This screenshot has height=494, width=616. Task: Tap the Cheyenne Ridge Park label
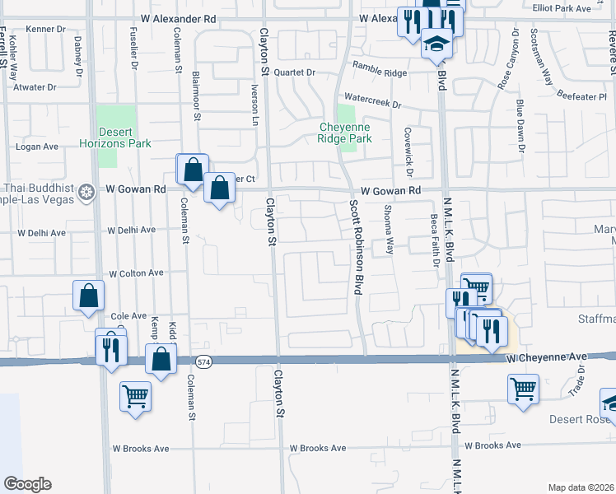[x=346, y=133]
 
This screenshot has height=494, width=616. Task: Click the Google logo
[x=27, y=484]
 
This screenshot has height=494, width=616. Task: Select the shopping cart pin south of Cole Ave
[x=136, y=396]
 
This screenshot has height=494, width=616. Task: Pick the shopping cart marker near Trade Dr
[x=523, y=388]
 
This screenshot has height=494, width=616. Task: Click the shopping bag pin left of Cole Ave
[x=88, y=296]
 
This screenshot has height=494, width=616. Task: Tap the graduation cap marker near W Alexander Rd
[x=436, y=42]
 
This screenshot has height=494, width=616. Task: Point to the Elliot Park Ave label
[x=584, y=8]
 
